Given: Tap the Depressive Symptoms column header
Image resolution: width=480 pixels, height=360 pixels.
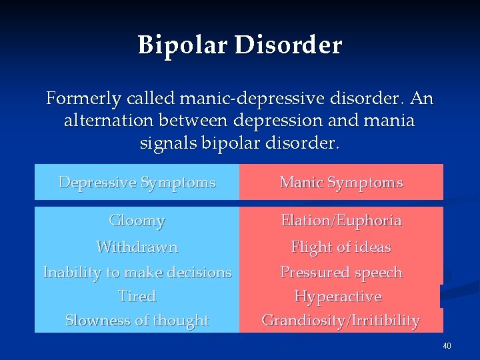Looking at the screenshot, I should [137, 182].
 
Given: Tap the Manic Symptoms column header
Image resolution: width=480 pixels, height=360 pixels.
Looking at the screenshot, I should [341, 182].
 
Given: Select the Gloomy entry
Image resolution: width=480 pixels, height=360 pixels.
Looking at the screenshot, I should [137, 220].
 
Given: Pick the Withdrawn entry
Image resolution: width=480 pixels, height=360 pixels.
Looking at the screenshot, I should [137, 247].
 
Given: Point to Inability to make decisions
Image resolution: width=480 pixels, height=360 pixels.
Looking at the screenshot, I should [137, 272].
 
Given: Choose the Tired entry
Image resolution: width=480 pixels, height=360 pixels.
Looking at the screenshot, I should [137, 296].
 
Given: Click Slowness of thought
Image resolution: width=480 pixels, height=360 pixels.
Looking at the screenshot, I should [137, 320].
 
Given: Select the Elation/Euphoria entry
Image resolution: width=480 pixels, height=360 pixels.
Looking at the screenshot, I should [341, 220].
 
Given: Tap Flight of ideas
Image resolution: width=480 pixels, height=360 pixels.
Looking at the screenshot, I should [341, 247].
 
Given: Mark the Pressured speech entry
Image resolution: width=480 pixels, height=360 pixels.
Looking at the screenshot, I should [341, 272].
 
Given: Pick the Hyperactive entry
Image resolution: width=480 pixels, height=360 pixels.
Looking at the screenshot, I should [338, 296].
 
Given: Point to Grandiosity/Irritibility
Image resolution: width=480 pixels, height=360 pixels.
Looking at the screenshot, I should [341, 320].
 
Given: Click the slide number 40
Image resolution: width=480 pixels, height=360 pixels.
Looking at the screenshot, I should [447, 346].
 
